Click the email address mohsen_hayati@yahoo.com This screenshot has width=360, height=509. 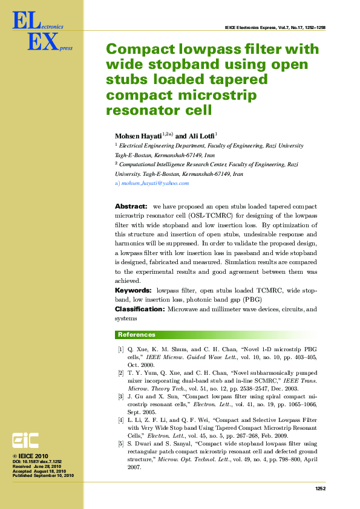coord(155,183)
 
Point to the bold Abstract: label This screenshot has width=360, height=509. coord(131,207)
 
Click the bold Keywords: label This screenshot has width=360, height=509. coord(133,291)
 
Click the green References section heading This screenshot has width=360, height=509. coord(137,335)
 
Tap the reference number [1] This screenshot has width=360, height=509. coord(121,349)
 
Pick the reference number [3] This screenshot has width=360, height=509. coord(121,396)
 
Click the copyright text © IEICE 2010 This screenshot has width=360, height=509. coord(30,455)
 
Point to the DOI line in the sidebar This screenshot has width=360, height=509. coord(38,462)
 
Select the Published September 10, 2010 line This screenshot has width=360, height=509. coord(43,476)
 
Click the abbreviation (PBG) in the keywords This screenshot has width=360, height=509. coord(252,299)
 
